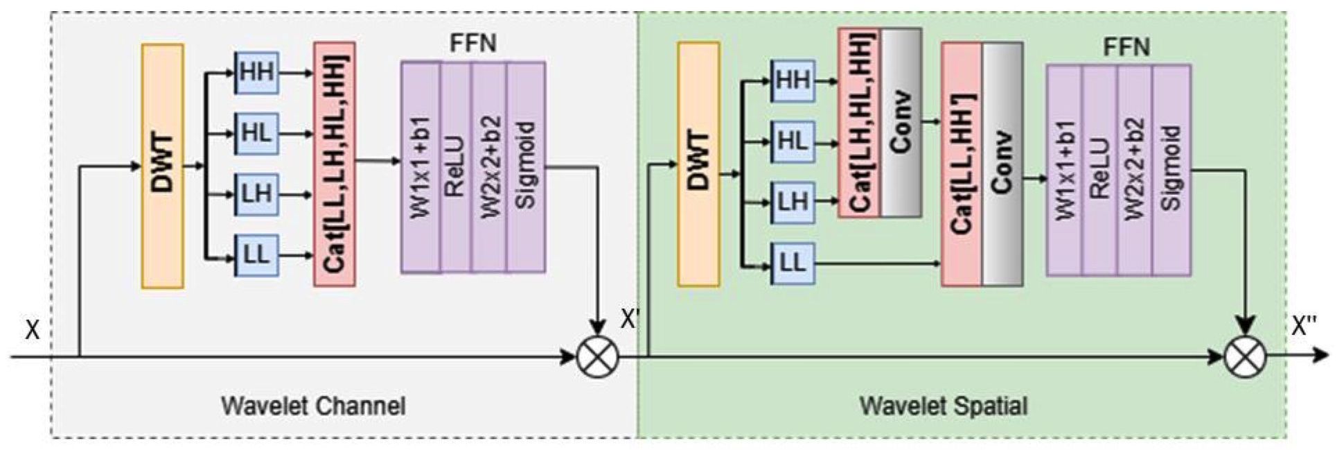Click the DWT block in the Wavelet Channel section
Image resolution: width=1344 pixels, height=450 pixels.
[x=163, y=166]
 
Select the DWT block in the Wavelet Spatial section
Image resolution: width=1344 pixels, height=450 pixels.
[x=698, y=164]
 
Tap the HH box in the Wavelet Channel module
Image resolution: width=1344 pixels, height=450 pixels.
[x=256, y=72]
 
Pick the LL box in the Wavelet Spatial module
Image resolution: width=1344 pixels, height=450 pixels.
[x=793, y=263]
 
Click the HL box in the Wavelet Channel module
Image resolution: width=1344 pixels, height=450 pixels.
[x=256, y=133]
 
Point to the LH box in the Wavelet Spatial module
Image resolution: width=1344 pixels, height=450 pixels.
[x=793, y=202]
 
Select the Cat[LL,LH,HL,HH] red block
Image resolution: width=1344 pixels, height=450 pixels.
[x=335, y=164]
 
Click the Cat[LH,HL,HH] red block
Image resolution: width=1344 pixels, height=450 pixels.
[x=859, y=123]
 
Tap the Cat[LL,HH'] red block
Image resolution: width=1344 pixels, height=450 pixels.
[x=962, y=164]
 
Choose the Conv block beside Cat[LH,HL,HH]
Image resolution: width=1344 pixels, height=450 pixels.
[x=901, y=123]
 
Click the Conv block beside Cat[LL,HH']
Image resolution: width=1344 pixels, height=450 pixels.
[x=1002, y=164]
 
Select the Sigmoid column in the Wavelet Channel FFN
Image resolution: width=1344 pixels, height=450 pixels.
[x=526, y=167]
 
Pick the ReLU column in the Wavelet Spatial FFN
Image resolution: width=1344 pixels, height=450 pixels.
[x=1099, y=170]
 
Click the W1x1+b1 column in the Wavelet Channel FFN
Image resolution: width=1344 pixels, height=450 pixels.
[x=421, y=167]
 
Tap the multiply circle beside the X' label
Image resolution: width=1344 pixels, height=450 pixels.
[x=598, y=357]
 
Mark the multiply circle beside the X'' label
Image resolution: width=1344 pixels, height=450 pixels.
[x=1245, y=357]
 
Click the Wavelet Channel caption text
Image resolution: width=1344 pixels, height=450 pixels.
[x=313, y=406]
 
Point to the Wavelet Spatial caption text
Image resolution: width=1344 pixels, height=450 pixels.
[x=944, y=406]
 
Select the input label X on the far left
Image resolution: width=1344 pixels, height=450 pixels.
[x=32, y=330]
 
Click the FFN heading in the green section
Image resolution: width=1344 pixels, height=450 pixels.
[x=1126, y=47]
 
